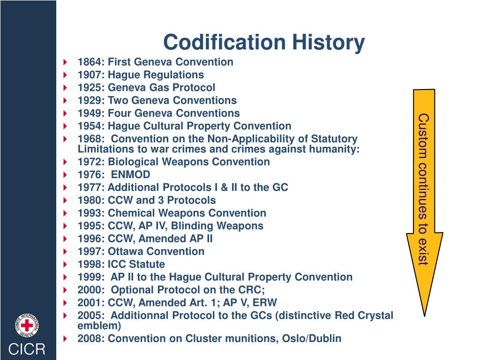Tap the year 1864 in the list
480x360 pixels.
tap(91, 62)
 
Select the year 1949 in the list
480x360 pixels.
tap(91, 113)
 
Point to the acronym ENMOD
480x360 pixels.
tap(131, 175)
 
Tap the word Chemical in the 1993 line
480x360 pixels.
tap(131, 213)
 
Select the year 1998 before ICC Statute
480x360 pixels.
tap(91, 264)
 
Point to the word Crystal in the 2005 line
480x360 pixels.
tap(375, 315)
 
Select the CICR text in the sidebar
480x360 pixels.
tap(28, 349)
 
